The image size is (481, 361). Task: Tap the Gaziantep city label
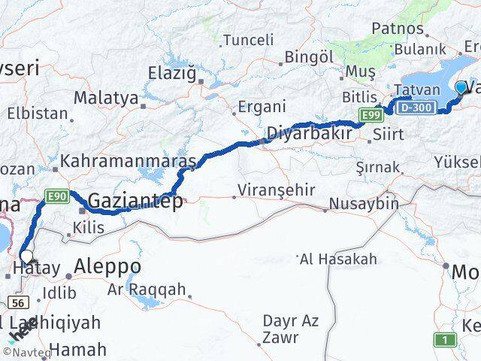[x=135, y=201]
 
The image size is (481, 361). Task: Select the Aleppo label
[x=107, y=266]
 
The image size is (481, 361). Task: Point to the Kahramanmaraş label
[x=128, y=161]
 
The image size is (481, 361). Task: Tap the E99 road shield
[x=370, y=114]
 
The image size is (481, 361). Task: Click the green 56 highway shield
[x=18, y=301]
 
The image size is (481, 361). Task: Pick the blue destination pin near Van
[x=461, y=88]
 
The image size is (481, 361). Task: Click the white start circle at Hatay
[x=26, y=256]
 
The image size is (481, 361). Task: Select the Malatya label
[x=106, y=98]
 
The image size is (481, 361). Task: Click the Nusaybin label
[x=365, y=202]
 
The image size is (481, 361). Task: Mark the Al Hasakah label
[x=338, y=259]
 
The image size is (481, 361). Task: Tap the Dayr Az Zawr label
[x=291, y=329]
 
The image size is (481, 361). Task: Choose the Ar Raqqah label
[x=136, y=290]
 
